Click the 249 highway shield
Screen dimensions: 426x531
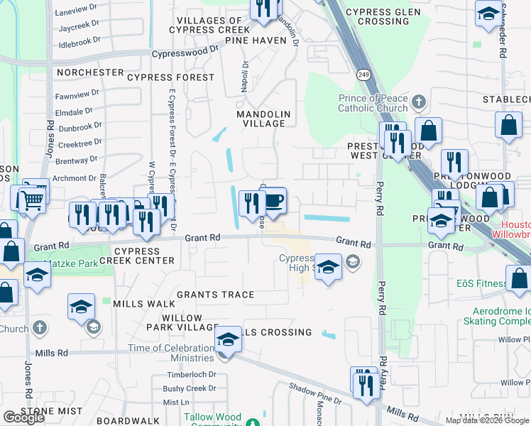pyautogui.click(x=362, y=75)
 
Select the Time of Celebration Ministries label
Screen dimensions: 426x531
pyautogui.click(x=170, y=353)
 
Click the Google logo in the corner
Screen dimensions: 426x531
pyautogui.click(x=24, y=417)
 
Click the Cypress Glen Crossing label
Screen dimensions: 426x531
pyautogui.click(x=377, y=17)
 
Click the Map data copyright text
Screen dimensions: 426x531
pyautogui.click(x=486, y=420)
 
